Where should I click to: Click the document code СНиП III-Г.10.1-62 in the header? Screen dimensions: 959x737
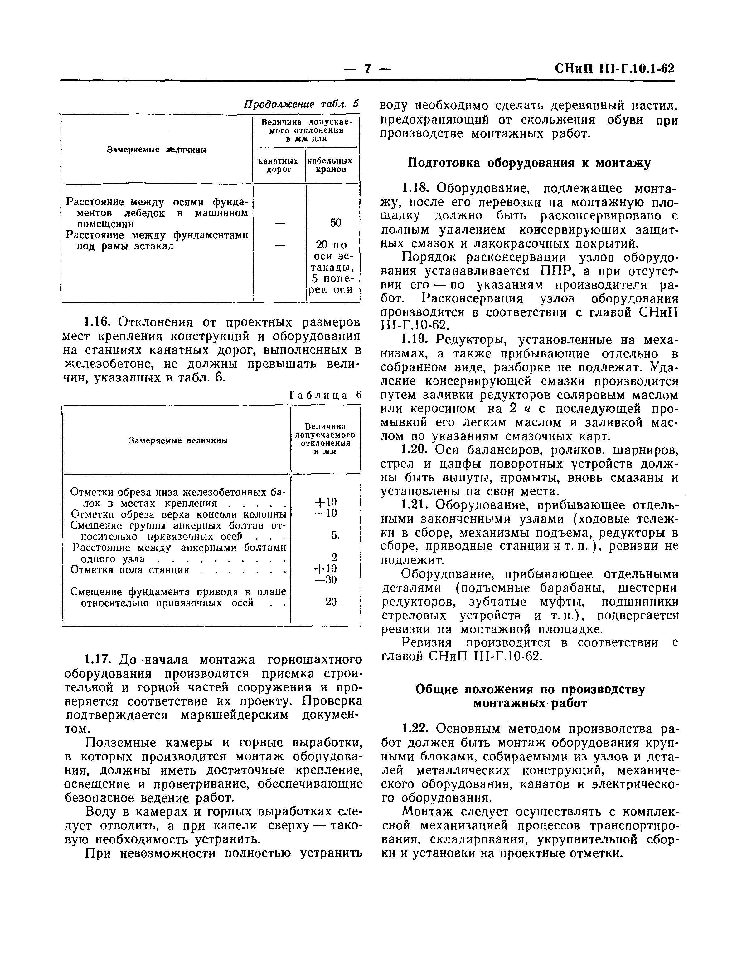pos(614,69)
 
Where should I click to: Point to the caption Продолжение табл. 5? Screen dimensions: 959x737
pos(301,104)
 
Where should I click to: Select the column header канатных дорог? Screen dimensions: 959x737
pos(279,165)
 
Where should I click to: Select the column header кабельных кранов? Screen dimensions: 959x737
pos(330,165)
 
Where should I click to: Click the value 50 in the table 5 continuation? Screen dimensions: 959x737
pos(336,223)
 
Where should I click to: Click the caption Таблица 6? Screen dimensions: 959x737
pos(326,395)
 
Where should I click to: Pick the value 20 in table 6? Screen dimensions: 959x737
pos(331,602)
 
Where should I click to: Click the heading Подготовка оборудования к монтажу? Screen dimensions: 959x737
pos(529,163)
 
